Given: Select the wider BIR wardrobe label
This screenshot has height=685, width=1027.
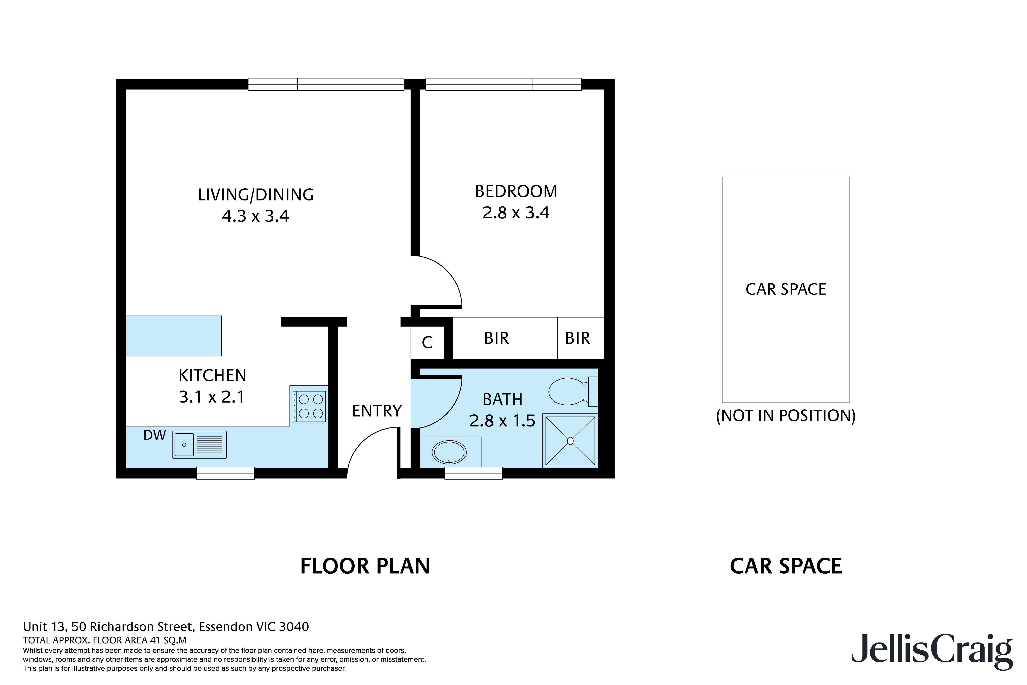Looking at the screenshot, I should coord(496,338).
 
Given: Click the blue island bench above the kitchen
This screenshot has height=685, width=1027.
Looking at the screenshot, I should coord(173,335).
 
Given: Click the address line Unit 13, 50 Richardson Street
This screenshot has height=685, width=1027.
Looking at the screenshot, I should coord(166,627).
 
